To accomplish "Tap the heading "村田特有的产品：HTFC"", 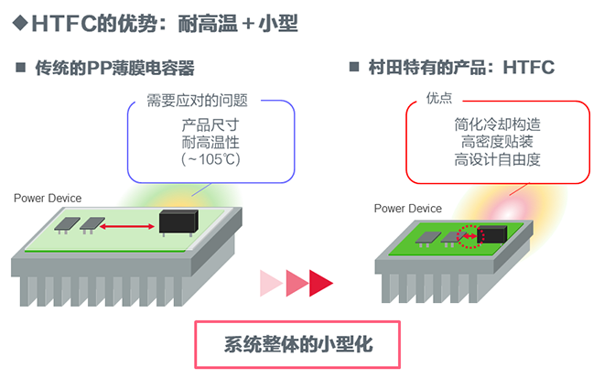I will [462, 68].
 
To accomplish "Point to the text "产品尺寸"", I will [210, 124].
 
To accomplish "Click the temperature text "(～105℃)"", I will [210, 159].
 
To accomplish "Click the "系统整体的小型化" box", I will [298, 345].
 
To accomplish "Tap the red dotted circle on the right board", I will [469, 237].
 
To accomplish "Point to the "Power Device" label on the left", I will [48, 198].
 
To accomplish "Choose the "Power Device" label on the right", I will [408, 209].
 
